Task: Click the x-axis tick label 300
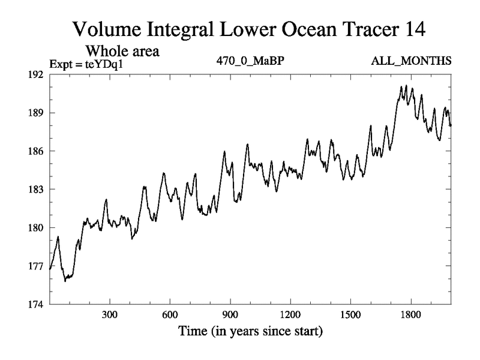[110, 315]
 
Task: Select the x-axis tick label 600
[170, 315]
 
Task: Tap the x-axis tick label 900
[230, 315]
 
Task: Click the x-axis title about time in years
[250, 331]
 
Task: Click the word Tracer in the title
[347, 28]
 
